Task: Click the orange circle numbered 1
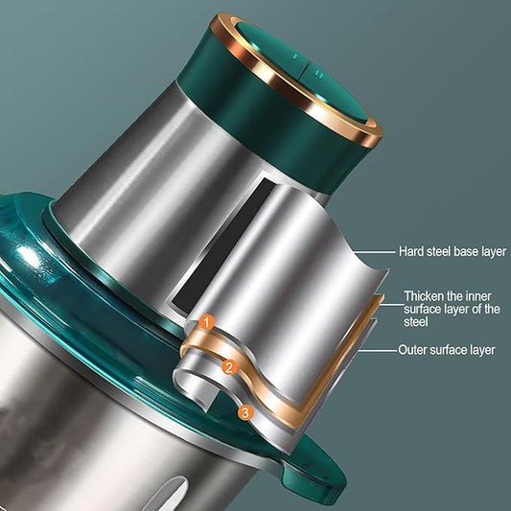pyautogui.click(x=207, y=323)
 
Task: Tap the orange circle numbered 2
pyautogui.click(x=229, y=368)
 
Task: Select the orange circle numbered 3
pyautogui.click(x=245, y=413)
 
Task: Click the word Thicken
pyautogui.click(x=424, y=296)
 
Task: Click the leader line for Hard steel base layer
pyautogui.click(x=374, y=252)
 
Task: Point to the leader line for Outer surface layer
pyautogui.click(x=378, y=351)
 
